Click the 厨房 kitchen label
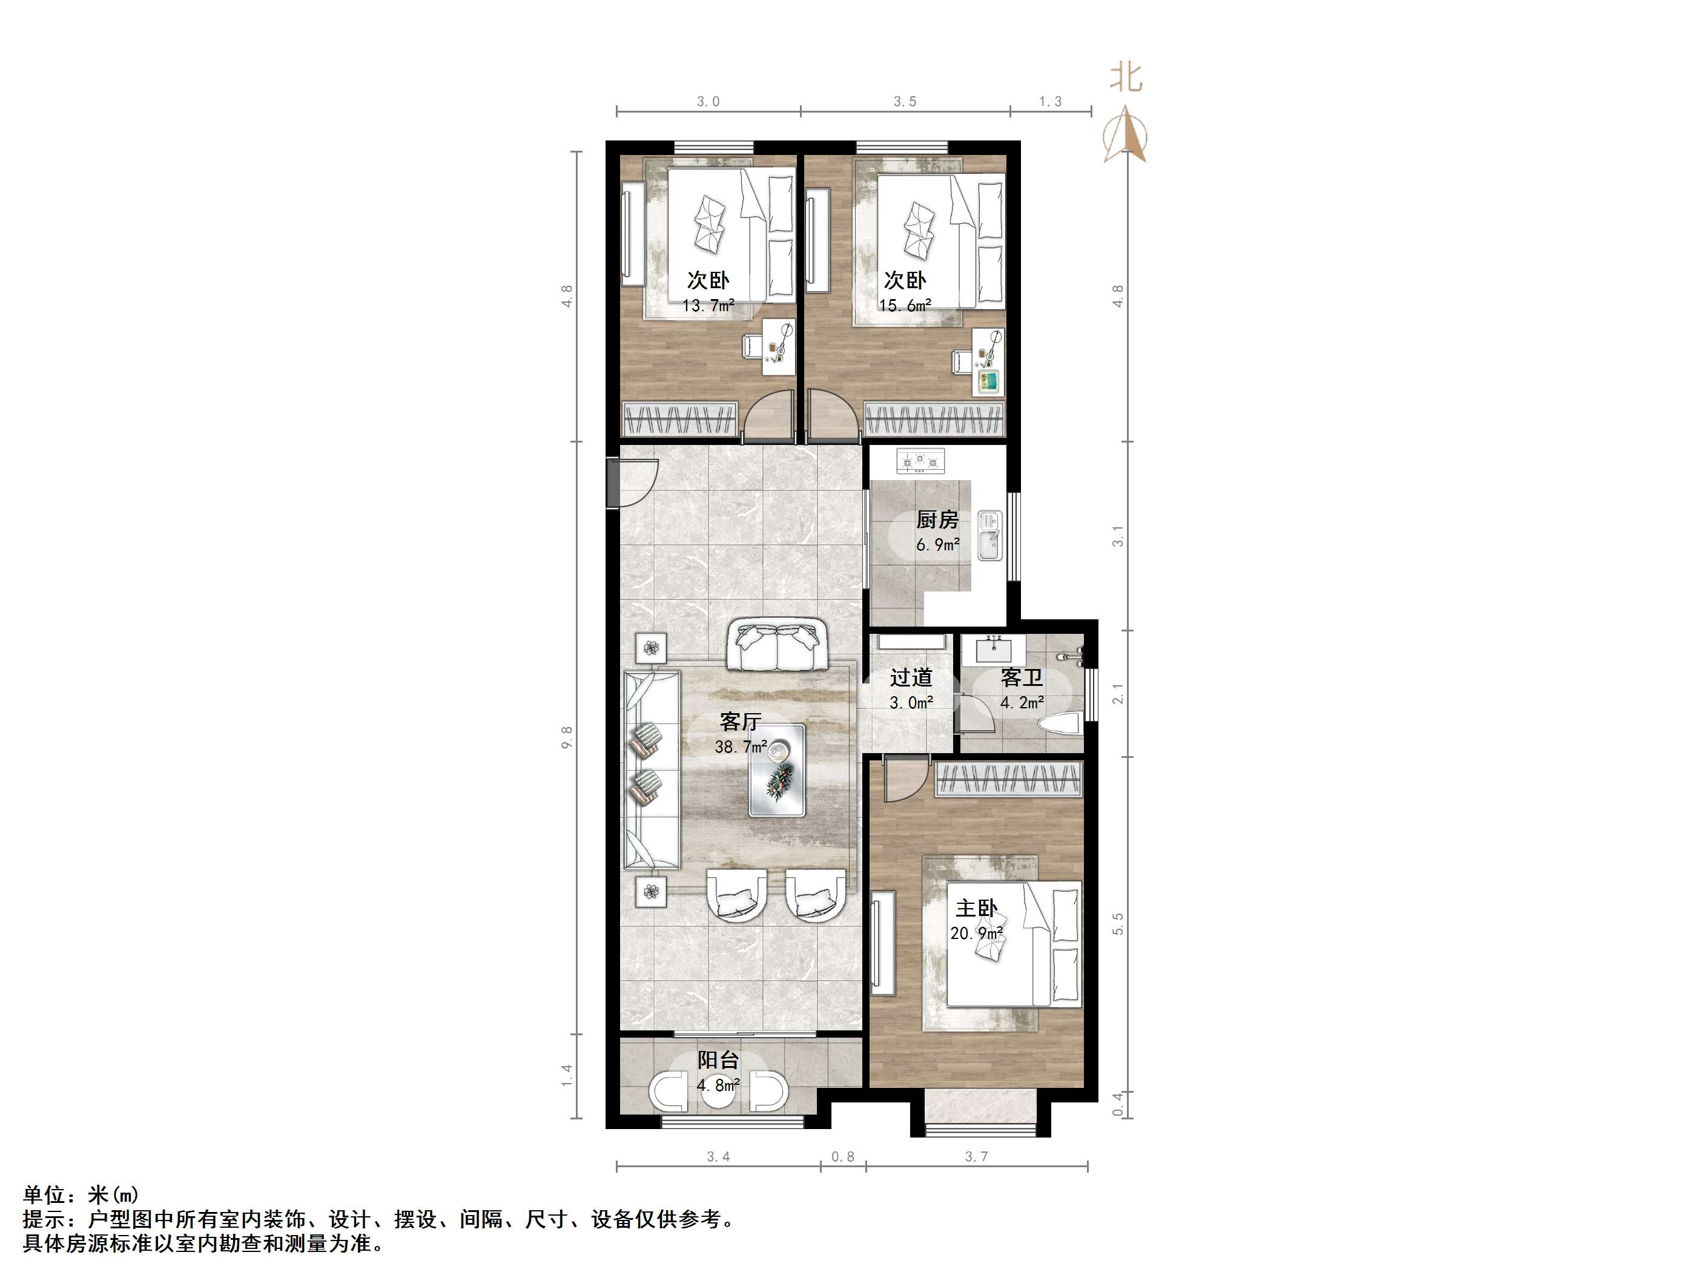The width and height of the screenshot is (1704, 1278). (x=937, y=520)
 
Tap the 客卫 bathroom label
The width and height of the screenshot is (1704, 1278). (x=1022, y=678)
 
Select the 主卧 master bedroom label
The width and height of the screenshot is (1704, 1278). (x=976, y=909)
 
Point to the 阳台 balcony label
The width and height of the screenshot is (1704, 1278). (x=718, y=1060)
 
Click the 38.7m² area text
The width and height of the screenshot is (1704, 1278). (x=741, y=746)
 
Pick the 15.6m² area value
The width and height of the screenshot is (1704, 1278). (x=905, y=306)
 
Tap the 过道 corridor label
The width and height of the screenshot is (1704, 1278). (x=911, y=678)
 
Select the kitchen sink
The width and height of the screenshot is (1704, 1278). (x=989, y=535)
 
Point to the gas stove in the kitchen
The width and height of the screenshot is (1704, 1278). (x=920, y=461)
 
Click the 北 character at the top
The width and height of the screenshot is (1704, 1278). (x=1126, y=79)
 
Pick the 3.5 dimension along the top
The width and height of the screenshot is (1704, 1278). (x=905, y=102)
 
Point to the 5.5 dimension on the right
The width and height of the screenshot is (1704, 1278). (x=1118, y=924)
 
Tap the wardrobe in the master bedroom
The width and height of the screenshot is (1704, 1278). (x=1008, y=781)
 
